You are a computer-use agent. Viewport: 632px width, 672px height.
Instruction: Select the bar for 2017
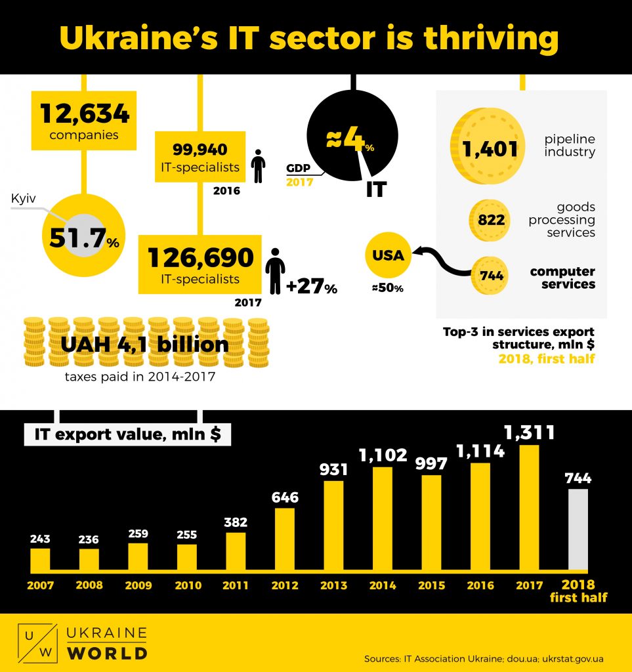click(529, 507)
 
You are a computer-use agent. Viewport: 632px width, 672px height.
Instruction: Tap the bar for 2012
click(285, 539)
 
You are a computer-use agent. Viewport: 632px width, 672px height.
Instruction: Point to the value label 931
click(333, 470)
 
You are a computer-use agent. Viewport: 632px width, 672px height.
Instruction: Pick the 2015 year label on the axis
click(431, 585)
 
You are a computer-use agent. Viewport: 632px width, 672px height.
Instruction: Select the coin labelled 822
click(490, 220)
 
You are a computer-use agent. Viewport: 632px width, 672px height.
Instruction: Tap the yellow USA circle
click(389, 255)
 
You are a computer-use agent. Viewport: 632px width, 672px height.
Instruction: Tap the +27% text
click(311, 287)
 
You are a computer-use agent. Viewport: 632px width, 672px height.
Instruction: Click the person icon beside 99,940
click(259, 166)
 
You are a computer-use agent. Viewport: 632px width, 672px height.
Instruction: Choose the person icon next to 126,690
click(275, 274)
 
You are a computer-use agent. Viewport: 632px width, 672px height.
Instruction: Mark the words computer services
click(562, 278)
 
